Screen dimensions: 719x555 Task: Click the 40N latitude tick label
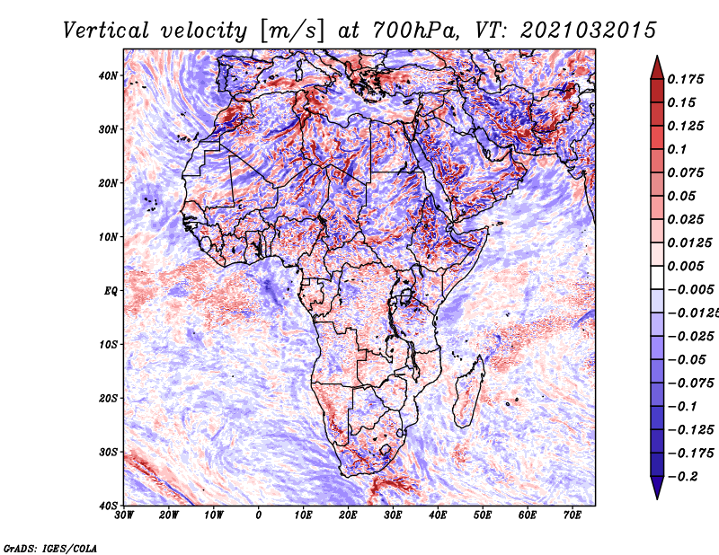tap(108, 75)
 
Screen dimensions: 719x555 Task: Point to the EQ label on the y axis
tap(111, 292)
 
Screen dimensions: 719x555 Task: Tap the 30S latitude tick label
tap(108, 453)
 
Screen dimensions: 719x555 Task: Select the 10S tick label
tap(108, 345)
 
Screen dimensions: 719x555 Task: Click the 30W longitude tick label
tap(124, 515)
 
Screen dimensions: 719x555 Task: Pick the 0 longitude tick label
tap(259, 515)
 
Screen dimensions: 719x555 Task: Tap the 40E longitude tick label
tap(438, 515)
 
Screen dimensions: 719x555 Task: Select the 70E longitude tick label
tap(573, 515)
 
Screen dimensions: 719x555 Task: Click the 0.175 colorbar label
tap(686, 80)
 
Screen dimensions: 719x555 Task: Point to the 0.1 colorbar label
tap(677, 149)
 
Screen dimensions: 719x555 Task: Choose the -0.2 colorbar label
tap(682, 477)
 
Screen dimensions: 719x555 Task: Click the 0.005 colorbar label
tap(686, 266)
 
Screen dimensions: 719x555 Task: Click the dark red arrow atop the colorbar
tap(657, 68)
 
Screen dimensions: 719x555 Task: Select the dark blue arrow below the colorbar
tap(657, 488)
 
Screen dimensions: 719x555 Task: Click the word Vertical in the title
tap(106, 31)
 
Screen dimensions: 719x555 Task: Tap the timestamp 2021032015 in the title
tap(589, 31)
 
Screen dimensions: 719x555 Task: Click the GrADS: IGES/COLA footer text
tap(50, 549)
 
